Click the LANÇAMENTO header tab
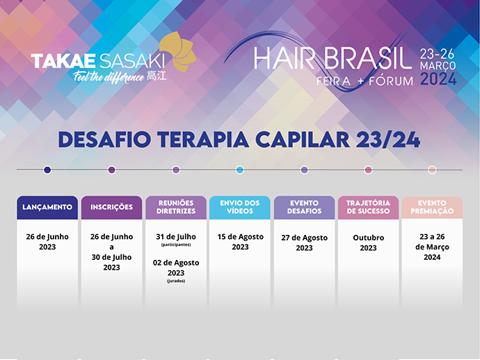pos(47,207)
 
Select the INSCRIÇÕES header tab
pos(112,207)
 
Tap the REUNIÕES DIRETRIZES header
pos(176,207)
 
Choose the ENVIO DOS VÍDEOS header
pos(240,207)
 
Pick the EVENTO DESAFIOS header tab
pos(304,207)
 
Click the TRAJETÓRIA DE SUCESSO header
pos(368,207)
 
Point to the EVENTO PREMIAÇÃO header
pos(432,207)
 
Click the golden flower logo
pos(178,51)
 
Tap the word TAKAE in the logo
pos(63,60)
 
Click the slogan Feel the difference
pos(109,76)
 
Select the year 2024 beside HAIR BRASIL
pos(438,79)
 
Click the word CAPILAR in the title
pos(303,140)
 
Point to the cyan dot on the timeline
pos(240,170)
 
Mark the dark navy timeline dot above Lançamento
pos(47,170)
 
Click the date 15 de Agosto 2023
pos(240,242)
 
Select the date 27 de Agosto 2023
pos(304,243)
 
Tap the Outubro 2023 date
pos(368,243)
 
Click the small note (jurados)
pos(176,281)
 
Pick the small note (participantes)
pos(176,245)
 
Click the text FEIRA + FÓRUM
pos(365,81)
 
